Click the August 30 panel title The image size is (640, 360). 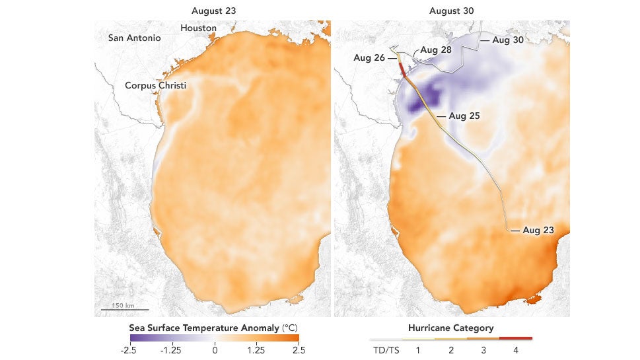click(452, 11)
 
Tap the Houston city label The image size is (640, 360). click(198, 28)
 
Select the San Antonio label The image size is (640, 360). click(134, 38)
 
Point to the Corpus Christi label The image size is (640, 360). click(156, 86)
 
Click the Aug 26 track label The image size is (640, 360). click(369, 57)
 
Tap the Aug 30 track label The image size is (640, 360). click(507, 40)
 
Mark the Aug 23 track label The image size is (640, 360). click(538, 231)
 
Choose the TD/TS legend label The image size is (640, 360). click(386, 349)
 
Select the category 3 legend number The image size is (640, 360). click(483, 349)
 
